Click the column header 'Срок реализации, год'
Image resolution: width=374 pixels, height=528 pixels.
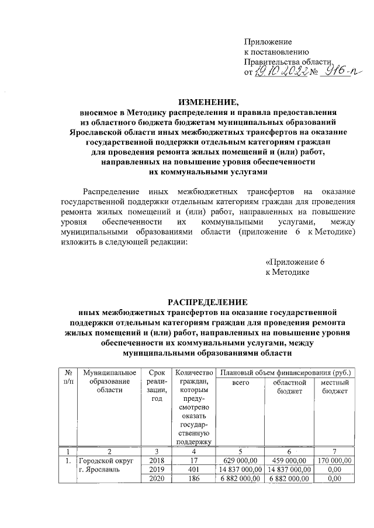click(x=156, y=386)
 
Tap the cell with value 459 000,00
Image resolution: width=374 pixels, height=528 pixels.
click(x=289, y=460)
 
